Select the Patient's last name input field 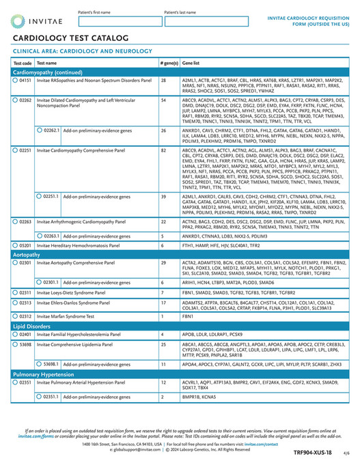pyautogui.click(x=205, y=21)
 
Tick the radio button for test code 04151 pyautogui.click(x=15, y=81)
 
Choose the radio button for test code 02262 pyautogui.click(x=15, y=100)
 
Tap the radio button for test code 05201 pyautogui.click(x=15, y=244)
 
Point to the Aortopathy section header pyautogui.click(x=27, y=253)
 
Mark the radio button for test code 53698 pyautogui.click(x=15, y=345)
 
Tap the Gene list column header pyautogui.click(x=191, y=63)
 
